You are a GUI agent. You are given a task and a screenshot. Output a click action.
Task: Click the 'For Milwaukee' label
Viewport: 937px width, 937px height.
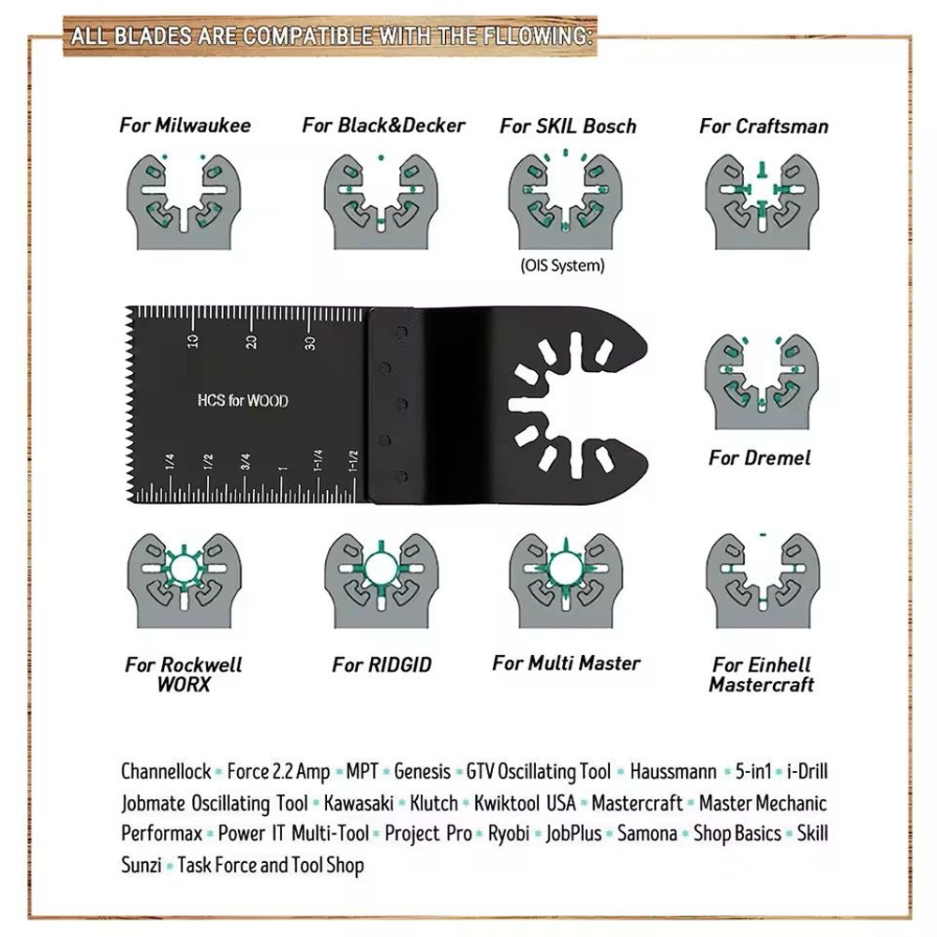coord(185,125)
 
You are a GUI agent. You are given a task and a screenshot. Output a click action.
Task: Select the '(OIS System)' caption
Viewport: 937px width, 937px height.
coord(562,265)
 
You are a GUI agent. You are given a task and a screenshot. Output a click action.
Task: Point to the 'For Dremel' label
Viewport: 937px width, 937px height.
coord(759,457)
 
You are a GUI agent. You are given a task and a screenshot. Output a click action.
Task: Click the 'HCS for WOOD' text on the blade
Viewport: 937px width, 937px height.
coord(242,401)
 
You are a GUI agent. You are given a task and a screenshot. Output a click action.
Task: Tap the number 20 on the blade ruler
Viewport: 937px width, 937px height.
coord(251,342)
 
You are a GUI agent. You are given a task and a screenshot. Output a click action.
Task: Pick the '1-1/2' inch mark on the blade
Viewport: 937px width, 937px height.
coord(353,461)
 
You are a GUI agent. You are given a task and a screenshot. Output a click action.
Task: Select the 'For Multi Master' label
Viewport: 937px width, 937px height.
coord(566,663)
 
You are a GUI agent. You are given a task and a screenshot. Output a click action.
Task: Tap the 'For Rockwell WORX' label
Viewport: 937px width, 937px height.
coord(184,675)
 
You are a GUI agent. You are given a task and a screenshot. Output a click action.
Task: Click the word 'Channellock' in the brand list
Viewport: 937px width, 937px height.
coord(166,772)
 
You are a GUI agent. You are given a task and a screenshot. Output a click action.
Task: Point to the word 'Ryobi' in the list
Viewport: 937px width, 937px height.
coord(509,833)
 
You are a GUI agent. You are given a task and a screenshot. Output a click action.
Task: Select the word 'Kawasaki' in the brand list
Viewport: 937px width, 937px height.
coord(361,803)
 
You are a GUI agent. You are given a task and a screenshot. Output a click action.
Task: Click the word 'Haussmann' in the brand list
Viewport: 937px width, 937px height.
coord(673,772)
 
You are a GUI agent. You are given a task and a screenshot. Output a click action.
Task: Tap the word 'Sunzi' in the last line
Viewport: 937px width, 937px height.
coord(141,864)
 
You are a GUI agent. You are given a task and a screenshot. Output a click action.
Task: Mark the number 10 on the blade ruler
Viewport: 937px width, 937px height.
coord(192,342)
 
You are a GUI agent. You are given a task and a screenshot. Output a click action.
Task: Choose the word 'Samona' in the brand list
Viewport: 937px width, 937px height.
coord(646,833)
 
